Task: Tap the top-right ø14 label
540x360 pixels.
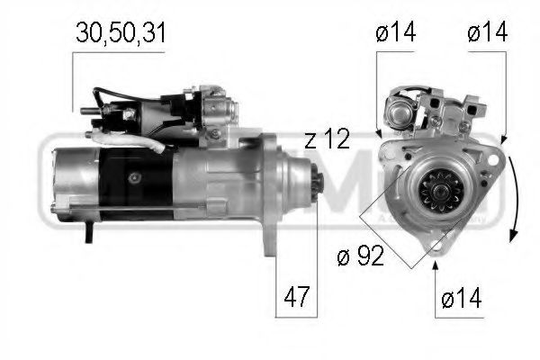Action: tap(488, 33)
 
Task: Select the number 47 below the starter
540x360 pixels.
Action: tap(297, 294)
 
